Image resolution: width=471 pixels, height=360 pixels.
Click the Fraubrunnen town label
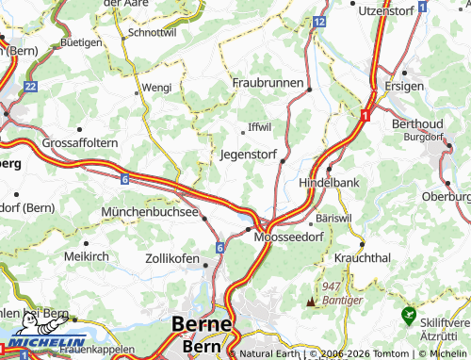pyautogui.click(x=268, y=84)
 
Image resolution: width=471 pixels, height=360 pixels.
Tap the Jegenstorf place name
pyautogui.click(x=250, y=153)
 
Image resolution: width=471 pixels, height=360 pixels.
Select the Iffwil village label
pyautogui.click(x=259, y=126)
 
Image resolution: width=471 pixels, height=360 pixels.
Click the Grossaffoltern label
pyautogui.click(x=79, y=143)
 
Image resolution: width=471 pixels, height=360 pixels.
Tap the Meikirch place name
pyautogui.click(x=87, y=255)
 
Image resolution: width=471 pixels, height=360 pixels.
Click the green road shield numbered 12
pyautogui.click(x=320, y=21)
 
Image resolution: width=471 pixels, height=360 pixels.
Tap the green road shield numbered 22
pyautogui.click(x=30, y=86)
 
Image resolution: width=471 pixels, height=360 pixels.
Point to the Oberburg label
pyautogui.click(x=446, y=196)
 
